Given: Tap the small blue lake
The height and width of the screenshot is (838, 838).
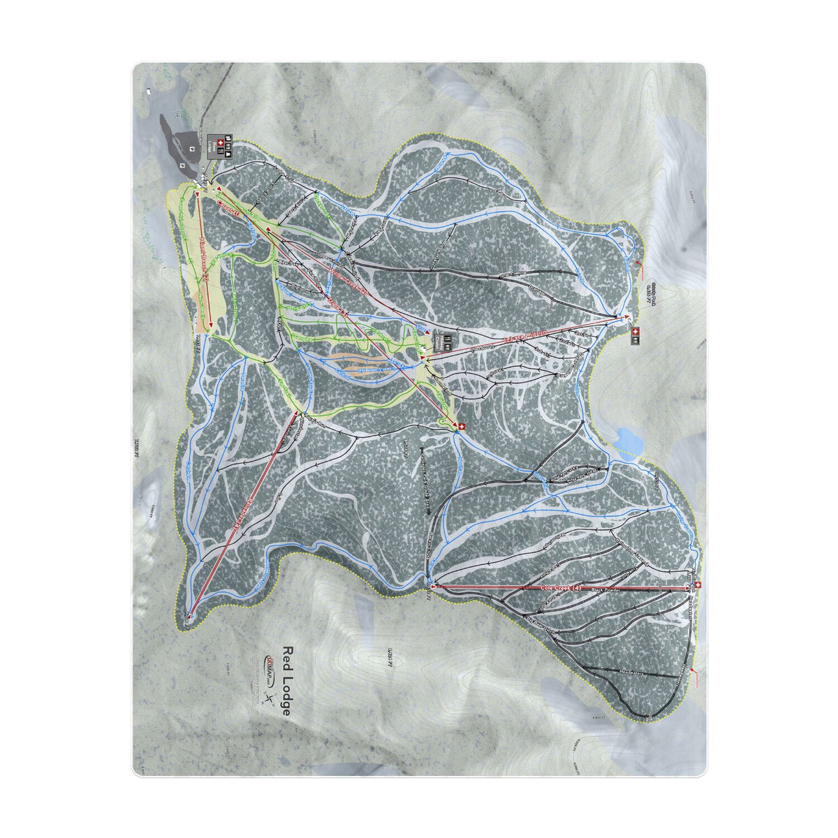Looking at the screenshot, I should point(626,441).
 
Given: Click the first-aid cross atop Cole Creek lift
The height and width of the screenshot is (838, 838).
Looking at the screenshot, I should point(698,585).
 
